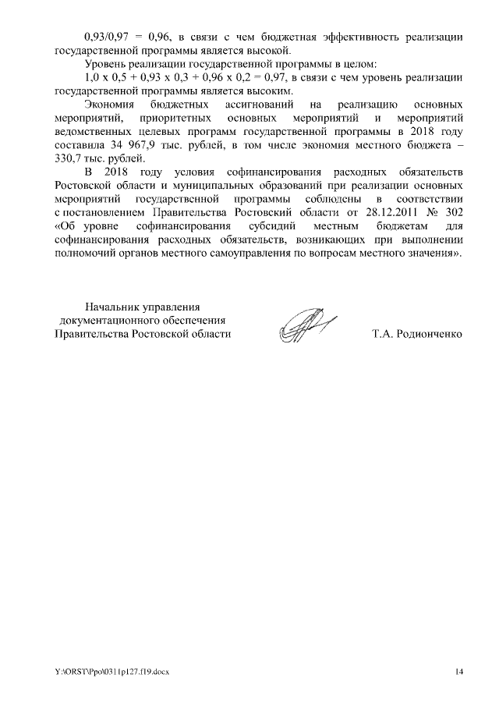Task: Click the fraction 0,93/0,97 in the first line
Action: tap(109, 37)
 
